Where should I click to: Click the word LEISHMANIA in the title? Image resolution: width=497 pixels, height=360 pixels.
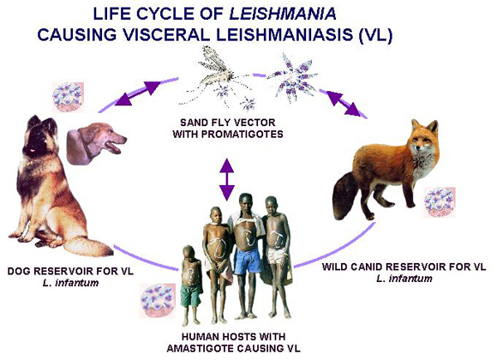(283, 15)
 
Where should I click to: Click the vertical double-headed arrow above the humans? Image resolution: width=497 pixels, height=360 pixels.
(227, 179)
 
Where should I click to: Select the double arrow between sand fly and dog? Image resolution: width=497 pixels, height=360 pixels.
(137, 93)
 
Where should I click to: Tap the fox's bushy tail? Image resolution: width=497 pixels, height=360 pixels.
(346, 196)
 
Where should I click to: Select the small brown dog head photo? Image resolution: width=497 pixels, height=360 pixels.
(96, 143)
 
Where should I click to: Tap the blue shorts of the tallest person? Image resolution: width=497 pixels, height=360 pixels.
(248, 262)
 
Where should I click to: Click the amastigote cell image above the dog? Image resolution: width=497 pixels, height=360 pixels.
(68, 97)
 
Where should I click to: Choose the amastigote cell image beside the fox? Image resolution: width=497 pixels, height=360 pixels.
(440, 202)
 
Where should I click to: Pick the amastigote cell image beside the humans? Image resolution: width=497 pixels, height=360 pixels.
(158, 300)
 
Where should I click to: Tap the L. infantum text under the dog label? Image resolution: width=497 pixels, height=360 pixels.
(70, 283)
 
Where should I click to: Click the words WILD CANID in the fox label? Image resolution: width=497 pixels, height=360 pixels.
(355, 267)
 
